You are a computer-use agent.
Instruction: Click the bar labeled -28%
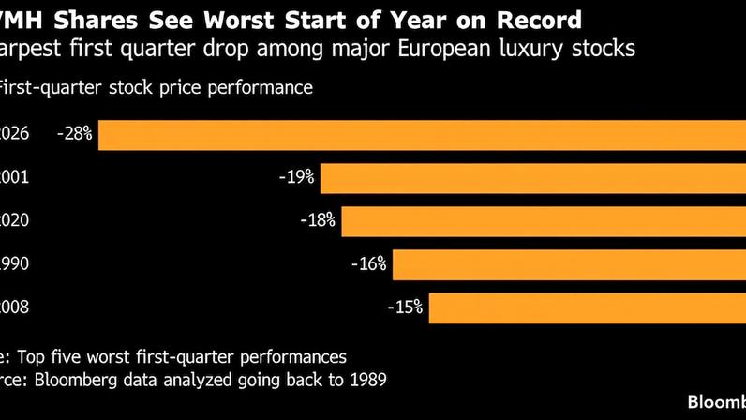pyautogui.click(x=422, y=134)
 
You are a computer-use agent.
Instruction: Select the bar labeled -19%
pyautogui.click(x=533, y=177)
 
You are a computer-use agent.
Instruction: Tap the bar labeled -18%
pyautogui.click(x=544, y=221)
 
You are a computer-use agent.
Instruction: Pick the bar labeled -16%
pyautogui.click(x=569, y=264)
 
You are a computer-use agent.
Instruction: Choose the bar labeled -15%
pyautogui.click(x=587, y=307)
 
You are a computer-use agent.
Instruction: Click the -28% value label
pyautogui.click(x=74, y=134)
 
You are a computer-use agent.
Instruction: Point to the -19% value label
pyautogui.click(x=296, y=177)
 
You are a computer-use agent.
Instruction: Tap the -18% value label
pyautogui.click(x=318, y=221)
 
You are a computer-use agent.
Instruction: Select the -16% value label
pyautogui.click(x=368, y=264)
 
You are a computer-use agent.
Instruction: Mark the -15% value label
pyautogui.click(x=405, y=307)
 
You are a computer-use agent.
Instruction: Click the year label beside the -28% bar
pyautogui.click(x=15, y=134)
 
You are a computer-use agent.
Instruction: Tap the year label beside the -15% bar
pyautogui.click(x=15, y=307)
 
